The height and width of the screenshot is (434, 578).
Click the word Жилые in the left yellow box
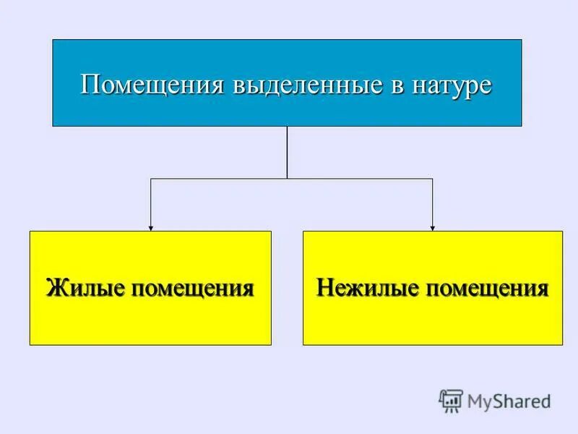click(x=82, y=287)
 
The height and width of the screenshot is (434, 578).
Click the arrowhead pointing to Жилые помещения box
click(x=150, y=227)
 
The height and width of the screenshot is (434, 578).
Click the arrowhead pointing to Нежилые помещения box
click(x=432, y=227)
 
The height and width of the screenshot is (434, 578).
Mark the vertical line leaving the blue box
click(x=287, y=152)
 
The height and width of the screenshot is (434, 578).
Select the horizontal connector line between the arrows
click(x=217, y=178)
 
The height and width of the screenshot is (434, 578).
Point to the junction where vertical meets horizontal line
click(x=287, y=178)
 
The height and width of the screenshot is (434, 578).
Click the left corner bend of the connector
click(x=150, y=178)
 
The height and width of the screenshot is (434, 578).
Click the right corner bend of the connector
click(x=432, y=178)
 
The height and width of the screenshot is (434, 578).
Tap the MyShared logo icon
click(x=451, y=399)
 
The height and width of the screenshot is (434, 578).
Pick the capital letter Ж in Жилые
click(x=55, y=287)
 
